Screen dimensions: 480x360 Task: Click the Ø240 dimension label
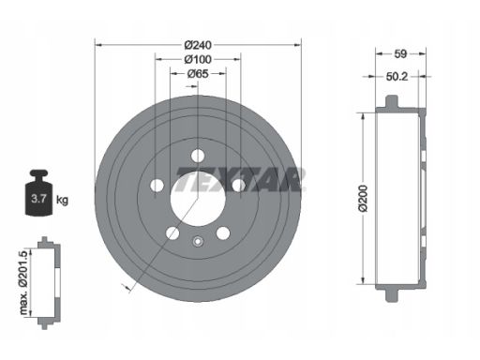point(198,45)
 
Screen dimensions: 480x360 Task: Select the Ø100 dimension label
point(198,59)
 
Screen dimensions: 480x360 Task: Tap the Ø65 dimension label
point(198,74)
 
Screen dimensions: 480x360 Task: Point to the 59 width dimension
point(400,54)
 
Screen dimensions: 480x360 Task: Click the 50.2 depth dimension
point(397,77)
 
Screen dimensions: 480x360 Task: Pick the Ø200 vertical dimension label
point(364,199)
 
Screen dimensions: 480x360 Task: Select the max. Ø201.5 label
point(23,282)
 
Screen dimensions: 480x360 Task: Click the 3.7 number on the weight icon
point(38,199)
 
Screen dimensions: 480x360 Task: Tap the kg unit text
point(62,200)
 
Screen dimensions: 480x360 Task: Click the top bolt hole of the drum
point(198,156)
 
